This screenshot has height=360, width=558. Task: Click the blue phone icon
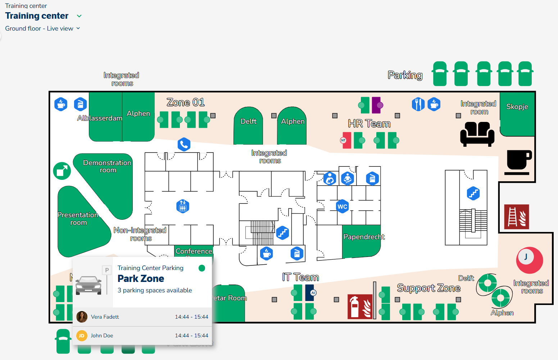pos(184,145)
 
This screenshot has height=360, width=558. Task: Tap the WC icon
pos(342,206)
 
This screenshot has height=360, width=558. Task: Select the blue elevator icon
pos(183,206)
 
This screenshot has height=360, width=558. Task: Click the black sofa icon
pos(477,134)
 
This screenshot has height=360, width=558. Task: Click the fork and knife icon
pos(418,104)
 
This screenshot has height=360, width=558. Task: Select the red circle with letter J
pos(529,260)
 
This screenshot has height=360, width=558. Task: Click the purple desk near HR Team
pos(376,105)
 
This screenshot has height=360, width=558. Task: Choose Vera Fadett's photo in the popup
pos(82,317)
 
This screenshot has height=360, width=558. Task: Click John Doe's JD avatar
pos(82,336)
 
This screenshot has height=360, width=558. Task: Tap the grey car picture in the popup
pos(89,284)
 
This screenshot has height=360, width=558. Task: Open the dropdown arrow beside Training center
pos(80,16)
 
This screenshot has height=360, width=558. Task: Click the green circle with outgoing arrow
pos(62,171)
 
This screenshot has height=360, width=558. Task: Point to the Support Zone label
pos(428,288)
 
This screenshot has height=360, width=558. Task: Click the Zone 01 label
pos(186,102)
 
